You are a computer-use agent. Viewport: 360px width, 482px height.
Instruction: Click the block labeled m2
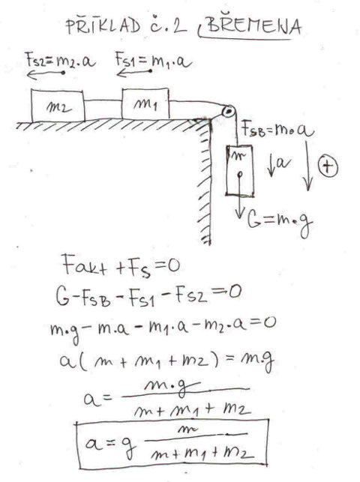tap(58, 106)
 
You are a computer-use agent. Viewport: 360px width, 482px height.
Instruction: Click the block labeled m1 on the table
tap(145, 103)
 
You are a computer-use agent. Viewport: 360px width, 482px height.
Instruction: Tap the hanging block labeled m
tap(240, 171)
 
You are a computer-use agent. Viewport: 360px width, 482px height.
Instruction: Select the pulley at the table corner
tap(229, 111)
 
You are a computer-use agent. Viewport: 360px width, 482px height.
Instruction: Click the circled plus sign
tap(328, 166)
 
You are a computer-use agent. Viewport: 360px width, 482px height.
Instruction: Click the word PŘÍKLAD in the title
tap(103, 25)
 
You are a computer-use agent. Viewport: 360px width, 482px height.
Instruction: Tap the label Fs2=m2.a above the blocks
tap(60, 60)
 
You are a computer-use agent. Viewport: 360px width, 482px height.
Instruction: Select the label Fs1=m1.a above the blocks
tap(154, 60)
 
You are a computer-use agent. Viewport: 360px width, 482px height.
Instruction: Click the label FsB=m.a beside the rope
tap(277, 130)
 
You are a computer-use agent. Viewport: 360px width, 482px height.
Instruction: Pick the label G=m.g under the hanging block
tap(280, 221)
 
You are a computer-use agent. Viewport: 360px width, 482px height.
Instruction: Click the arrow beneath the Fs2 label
tap(46, 73)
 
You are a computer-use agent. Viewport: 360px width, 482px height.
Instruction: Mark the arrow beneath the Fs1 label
tap(134, 73)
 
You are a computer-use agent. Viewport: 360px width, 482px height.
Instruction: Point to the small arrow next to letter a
tap(271, 166)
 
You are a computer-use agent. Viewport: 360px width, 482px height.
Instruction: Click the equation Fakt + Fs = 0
tap(121, 266)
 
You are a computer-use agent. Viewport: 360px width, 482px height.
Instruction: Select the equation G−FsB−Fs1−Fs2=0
tap(148, 295)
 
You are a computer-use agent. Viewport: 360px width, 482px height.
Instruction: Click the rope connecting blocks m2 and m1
tap(103, 100)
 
